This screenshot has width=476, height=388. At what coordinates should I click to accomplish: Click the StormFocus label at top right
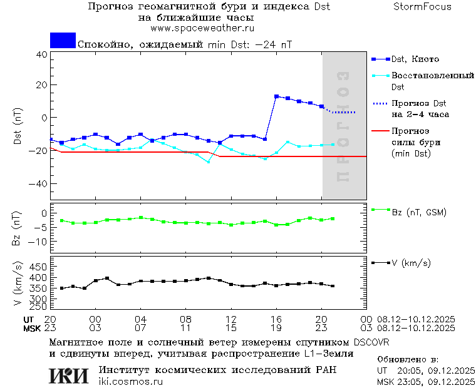pyautogui.click(x=422, y=7)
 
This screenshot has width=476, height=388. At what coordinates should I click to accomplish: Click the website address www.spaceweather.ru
pyautogui.click(x=202, y=28)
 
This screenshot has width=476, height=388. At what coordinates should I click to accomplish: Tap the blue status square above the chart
pyautogui.click(x=63, y=40)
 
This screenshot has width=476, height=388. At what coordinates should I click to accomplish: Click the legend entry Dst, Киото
pyautogui.click(x=415, y=59)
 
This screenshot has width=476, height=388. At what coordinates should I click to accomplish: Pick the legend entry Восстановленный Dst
pyautogui.click(x=432, y=76)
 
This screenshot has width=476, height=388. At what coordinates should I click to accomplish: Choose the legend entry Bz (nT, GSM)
pyautogui.click(x=418, y=212)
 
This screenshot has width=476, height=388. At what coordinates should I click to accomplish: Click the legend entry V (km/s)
pyautogui.click(x=411, y=263)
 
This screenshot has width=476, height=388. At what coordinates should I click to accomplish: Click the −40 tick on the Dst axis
pyautogui.click(x=39, y=185)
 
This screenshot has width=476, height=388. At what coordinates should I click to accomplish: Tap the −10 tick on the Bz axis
pyautogui.click(x=39, y=242)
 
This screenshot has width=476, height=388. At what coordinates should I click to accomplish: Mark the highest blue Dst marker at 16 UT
pyautogui.click(x=276, y=96)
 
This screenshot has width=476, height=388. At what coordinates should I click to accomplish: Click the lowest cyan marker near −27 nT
pyautogui.click(x=209, y=162)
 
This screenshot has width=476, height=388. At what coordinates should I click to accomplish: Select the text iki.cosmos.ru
pyautogui.click(x=130, y=382)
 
